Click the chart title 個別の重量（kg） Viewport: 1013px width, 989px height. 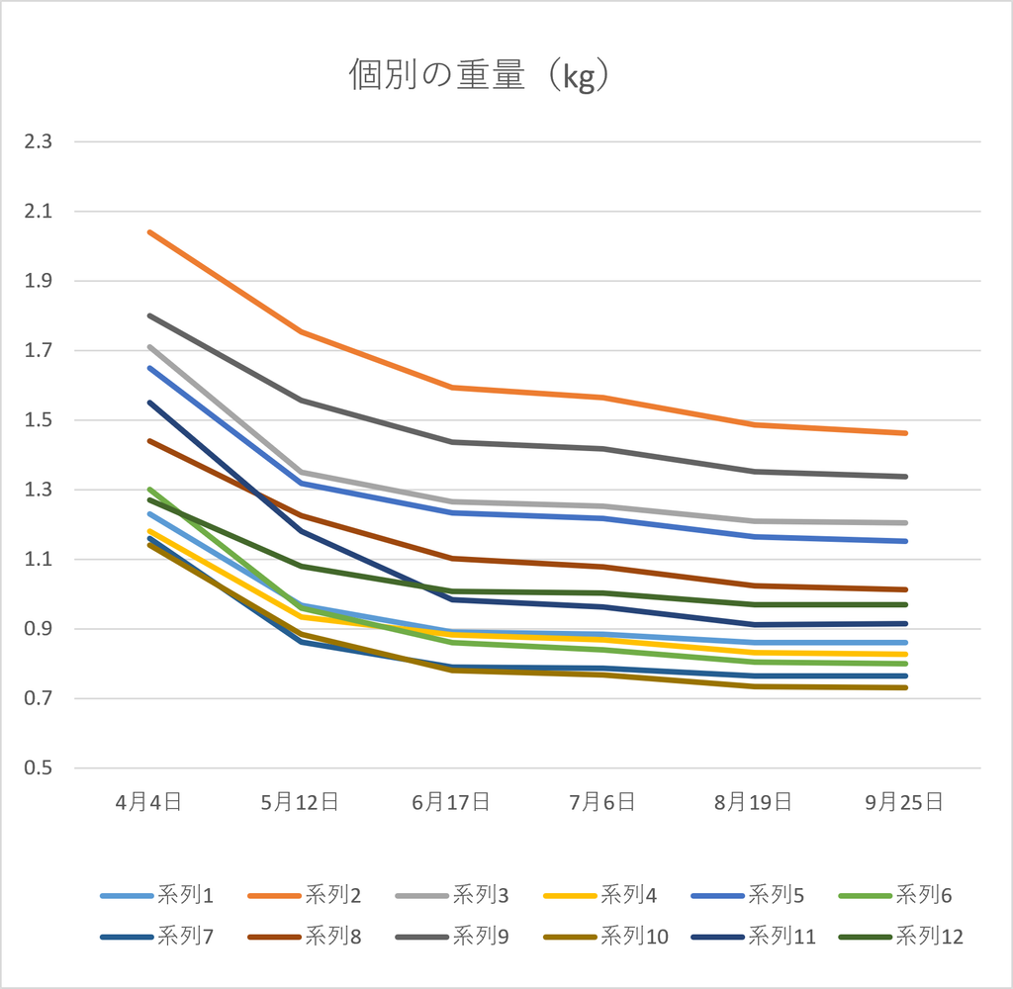click(479, 75)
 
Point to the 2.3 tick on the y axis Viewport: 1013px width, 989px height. click(39, 141)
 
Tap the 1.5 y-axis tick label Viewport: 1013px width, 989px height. click(39, 420)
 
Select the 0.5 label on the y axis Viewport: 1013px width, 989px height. click(39, 768)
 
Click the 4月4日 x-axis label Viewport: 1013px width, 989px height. click(148, 802)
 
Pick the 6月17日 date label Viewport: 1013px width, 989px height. click(451, 802)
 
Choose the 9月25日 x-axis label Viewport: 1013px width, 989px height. click(904, 802)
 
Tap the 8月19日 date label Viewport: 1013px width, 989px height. click(753, 802)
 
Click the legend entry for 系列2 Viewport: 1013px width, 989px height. click(305, 895)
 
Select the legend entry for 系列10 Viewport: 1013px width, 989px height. click(606, 937)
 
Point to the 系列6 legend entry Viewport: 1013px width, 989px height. click(895, 895)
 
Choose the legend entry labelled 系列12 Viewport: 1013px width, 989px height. click(901, 937)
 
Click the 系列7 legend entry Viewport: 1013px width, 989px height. click(157, 937)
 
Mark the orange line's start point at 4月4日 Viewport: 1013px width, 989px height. click(149, 231)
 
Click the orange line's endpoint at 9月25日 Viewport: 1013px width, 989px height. click(905, 433)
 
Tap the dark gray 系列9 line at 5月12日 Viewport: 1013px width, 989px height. click(301, 400)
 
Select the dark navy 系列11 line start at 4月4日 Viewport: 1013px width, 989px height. click(149, 403)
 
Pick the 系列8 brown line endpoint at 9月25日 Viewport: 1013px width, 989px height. click(905, 589)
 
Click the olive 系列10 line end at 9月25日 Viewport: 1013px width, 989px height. click(905, 687)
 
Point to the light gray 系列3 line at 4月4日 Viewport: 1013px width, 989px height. click(149, 347)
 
